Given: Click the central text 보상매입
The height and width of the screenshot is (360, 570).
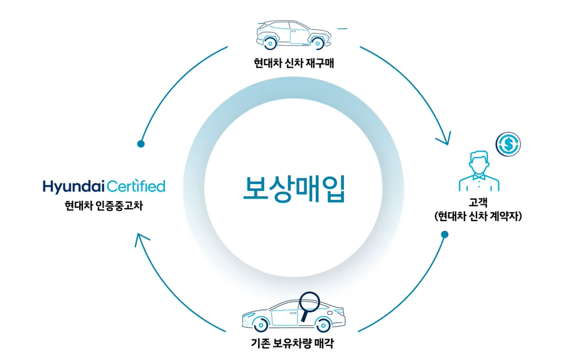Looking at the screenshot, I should click(x=294, y=188).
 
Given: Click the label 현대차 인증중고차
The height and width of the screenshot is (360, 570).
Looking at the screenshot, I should click(x=103, y=205).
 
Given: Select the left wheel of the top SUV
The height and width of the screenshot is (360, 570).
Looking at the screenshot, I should click(x=270, y=43).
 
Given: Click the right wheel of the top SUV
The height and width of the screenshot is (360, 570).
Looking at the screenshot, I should click(x=318, y=43).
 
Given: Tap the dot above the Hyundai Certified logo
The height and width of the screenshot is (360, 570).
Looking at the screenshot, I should click(x=141, y=144).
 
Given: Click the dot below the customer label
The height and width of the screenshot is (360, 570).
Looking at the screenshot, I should click(x=444, y=235).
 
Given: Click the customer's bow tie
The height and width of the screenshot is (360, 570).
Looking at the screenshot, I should click(x=479, y=177).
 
